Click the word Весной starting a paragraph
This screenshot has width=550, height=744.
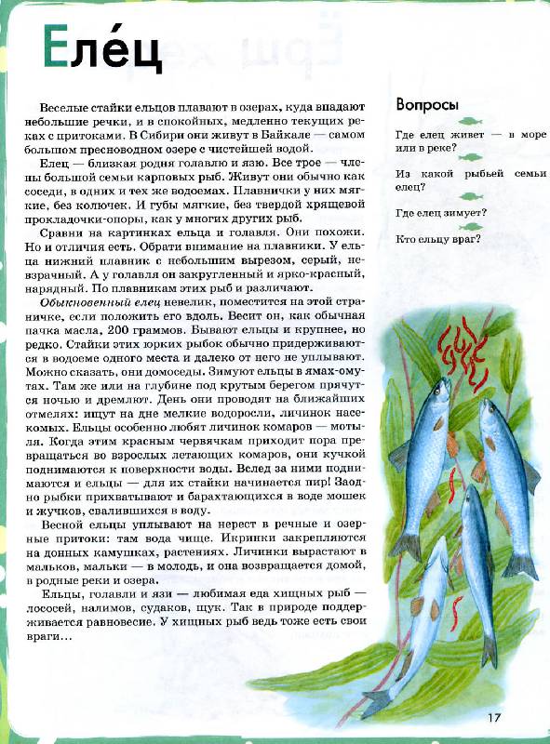(x=62, y=528)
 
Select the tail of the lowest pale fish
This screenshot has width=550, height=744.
(x=377, y=699)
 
